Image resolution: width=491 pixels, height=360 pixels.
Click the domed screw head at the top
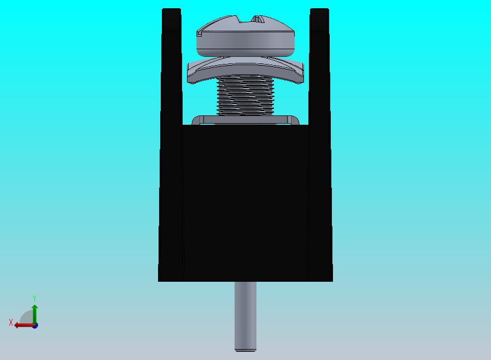pos(245,36)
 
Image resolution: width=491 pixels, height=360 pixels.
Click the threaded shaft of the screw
pos(245,95)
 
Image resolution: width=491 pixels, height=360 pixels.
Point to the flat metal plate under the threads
pos(245,120)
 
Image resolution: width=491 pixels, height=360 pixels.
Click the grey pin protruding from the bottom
pos(245,316)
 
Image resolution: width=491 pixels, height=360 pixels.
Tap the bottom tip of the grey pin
pos(245,351)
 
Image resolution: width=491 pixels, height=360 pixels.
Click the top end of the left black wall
pos(171,9)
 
